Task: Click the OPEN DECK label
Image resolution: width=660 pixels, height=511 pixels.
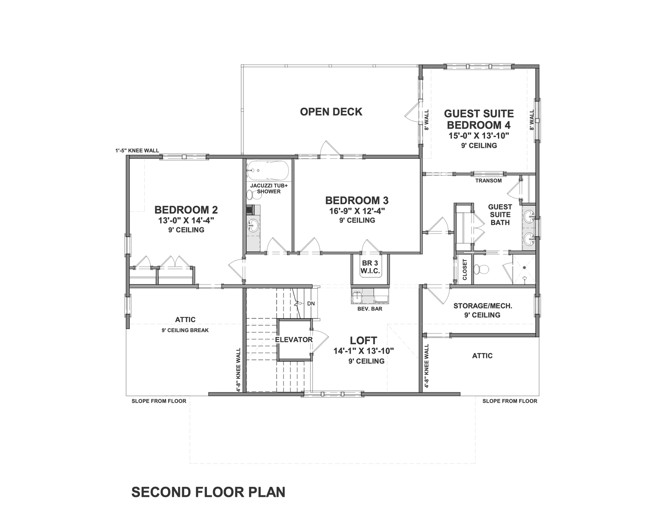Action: click(331, 112)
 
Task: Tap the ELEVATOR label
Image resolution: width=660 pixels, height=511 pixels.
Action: click(294, 340)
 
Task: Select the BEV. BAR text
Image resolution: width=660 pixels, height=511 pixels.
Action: click(370, 309)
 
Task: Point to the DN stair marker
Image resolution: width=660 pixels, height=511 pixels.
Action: click(311, 303)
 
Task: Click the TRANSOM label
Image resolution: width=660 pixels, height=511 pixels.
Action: click(488, 181)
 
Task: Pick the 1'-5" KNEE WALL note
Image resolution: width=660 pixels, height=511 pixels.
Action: click(137, 150)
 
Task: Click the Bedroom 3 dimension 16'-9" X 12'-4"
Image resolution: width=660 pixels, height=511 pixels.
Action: click(357, 211)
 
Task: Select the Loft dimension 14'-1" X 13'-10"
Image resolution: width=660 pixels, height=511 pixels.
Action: click(364, 351)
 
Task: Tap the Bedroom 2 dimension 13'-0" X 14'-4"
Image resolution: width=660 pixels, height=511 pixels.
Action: click(186, 220)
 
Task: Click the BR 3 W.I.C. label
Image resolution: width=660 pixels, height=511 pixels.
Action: click(370, 267)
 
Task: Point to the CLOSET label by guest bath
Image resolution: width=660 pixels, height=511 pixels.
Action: click(465, 269)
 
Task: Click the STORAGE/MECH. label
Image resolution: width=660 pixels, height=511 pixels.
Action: click(483, 306)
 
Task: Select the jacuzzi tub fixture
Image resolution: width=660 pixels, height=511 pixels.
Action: click(267, 170)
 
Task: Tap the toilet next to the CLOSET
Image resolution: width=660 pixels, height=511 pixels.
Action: click(481, 269)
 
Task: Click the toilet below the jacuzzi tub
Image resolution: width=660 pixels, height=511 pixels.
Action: click(253, 195)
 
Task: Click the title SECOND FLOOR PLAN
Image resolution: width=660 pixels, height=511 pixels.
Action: click(208, 492)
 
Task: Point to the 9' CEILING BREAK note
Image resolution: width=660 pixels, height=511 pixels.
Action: click(185, 330)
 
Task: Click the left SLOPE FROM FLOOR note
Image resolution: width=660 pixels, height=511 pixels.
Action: click(159, 401)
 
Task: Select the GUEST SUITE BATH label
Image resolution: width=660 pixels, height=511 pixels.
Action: click(500, 215)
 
